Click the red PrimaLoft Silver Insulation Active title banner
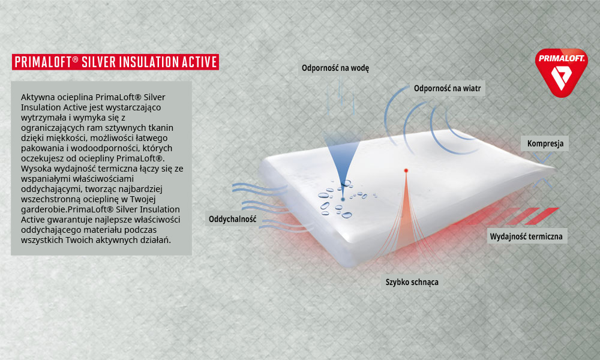pos(115,62)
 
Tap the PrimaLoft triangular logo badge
pos(561,73)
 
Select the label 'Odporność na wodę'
pos(335,68)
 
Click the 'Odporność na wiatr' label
pos(447,88)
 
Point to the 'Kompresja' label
pos(545,143)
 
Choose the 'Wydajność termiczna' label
pos(526,236)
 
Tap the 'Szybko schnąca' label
pos(412,282)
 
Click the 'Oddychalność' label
pos(232,219)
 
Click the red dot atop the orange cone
pos(406,170)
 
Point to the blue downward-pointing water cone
pos(342,155)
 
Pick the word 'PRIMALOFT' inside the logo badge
pos(561,59)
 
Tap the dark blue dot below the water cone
pos(343,199)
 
